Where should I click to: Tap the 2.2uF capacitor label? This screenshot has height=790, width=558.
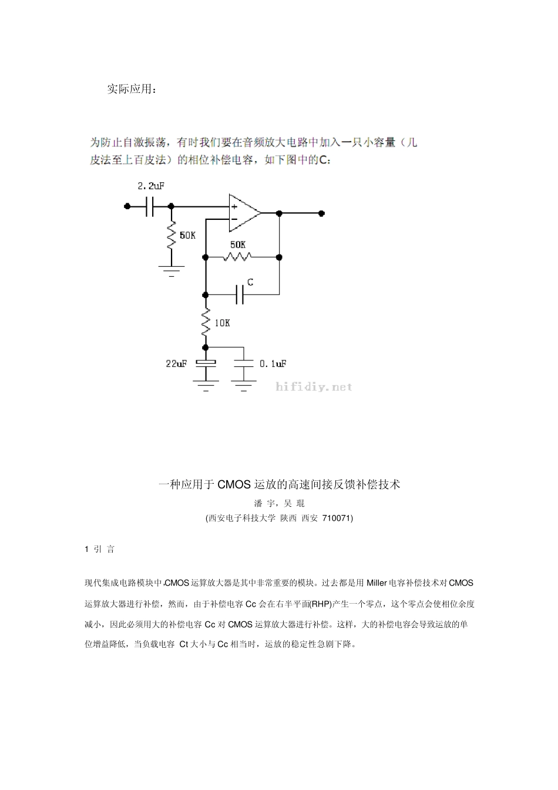tap(150, 186)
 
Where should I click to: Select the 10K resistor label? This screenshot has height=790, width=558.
tap(222, 323)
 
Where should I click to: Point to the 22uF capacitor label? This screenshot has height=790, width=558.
tap(176, 364)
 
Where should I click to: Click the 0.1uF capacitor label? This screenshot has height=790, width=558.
tap(273, 364)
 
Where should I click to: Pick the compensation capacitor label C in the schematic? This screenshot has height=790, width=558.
tap(250, 283)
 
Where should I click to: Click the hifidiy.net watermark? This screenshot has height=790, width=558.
tap(314, 387)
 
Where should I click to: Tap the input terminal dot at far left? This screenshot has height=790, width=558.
tap(127, 206)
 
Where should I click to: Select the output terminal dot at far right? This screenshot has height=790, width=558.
tap(321, 213)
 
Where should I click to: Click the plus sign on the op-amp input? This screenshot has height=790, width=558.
tap(234, 206)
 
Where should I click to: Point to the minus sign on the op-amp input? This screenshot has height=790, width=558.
tap(234, 219)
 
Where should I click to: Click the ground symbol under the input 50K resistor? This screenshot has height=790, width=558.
tap(172, 271)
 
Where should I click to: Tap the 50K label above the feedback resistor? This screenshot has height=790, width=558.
tap(238, 244)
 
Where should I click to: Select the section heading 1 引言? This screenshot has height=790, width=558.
tap(100, 550)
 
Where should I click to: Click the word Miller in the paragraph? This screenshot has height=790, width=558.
tap(377, 583)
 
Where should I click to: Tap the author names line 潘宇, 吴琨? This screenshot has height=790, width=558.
tap(279, 503)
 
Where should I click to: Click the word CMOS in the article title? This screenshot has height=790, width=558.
tap(234, 485)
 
